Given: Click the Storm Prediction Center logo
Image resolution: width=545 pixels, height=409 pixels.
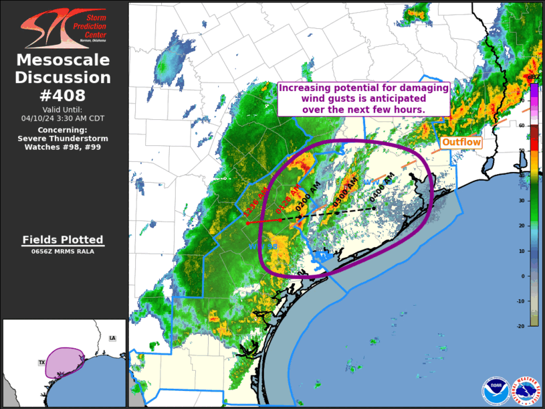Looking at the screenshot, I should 64,25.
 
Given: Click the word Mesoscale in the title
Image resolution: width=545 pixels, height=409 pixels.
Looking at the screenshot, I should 64,60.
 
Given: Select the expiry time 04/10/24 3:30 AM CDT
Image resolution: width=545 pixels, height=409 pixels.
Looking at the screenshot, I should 64,118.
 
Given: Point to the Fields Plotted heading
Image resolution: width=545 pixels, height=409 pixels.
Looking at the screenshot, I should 64,240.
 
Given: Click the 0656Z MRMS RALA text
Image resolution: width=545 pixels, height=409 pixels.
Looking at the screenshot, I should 64,252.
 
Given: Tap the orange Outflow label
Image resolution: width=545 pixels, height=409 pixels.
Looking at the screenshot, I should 461,143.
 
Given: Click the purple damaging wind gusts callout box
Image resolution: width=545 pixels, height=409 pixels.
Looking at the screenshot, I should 363,98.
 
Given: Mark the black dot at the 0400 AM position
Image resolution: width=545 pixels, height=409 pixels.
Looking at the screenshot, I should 374,208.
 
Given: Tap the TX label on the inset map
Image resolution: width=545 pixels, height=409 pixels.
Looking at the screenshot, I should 41,362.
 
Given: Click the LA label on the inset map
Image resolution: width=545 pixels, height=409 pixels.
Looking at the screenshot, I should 112,338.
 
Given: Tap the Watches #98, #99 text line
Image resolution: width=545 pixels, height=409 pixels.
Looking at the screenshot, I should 64,147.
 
